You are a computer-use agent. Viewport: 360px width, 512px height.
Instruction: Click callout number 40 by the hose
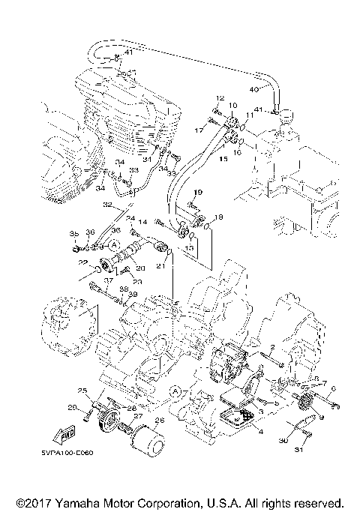click(253, 89)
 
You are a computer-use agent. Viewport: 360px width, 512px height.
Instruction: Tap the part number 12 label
click(221, 98)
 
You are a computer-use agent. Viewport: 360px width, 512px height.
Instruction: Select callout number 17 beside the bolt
click(200, 130)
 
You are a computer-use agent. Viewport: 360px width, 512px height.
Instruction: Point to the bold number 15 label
click(223, 159)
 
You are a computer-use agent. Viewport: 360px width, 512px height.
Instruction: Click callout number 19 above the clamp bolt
click(199, 193)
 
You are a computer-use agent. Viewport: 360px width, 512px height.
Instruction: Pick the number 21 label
click(160, 265)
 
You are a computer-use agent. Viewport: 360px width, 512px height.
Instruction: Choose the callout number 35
click(74, 235)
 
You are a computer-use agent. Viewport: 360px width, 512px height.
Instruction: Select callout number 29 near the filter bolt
click(72, 407)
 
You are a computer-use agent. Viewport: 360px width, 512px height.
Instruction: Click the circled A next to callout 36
click(113, 245)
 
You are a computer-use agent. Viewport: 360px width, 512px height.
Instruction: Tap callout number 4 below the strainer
click(260, 431)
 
